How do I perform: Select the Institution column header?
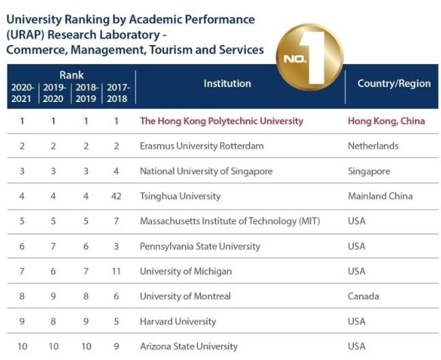point(227,84)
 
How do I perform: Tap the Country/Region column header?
point(394,84)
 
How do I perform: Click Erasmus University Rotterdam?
point(201,146)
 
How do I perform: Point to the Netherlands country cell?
point(373,146)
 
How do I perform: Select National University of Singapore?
point(206,171)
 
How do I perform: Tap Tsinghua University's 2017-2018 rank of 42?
point(116,196)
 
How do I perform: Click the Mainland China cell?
point(380,196)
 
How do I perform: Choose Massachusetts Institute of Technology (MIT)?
point(229,221)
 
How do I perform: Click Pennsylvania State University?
point(200,246)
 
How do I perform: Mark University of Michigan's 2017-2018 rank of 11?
point(116,271)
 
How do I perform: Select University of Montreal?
point(185,296)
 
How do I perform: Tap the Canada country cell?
point(363,296)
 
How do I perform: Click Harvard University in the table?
point(178,321)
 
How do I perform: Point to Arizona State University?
point(189,346)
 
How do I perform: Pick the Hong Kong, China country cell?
point(386,121)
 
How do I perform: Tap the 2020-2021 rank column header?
point(22,93)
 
